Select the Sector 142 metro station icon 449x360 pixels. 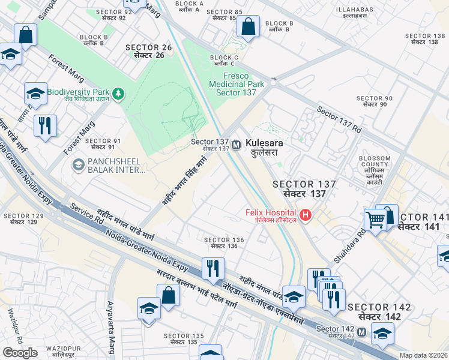[362, 332]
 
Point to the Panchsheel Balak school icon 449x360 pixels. [78, 164]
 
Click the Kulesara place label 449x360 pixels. [264, 148]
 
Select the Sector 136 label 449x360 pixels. [224, 242]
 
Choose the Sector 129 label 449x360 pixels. [23, 218]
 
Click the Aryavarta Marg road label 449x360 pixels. [111, 328]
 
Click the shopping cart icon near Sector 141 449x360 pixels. [375, 220]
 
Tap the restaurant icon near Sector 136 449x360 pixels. [212, 268]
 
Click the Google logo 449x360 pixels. [20, 353]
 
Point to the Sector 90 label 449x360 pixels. [374, 101]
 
